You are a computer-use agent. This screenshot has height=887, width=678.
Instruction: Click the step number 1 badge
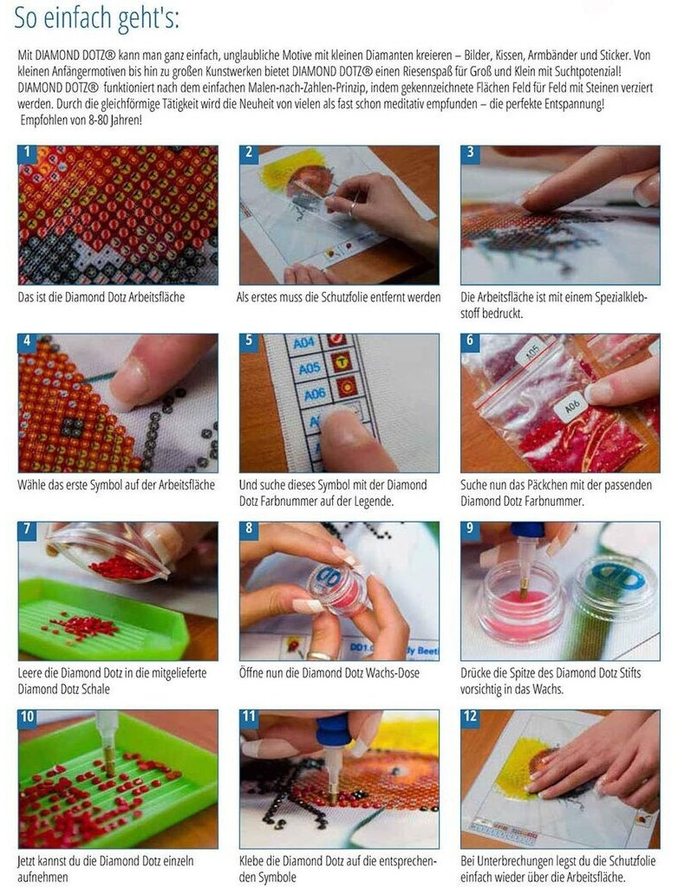27,153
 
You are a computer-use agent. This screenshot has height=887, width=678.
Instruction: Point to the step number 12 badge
471,716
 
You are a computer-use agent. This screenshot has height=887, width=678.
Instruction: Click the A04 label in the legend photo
303,343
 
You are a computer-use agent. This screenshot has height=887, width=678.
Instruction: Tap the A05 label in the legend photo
310,369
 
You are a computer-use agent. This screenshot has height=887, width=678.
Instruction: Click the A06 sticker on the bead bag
573,406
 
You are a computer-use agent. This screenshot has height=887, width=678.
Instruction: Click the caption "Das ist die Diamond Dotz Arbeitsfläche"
101,297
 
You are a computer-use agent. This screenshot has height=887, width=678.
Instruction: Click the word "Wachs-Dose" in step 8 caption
392,673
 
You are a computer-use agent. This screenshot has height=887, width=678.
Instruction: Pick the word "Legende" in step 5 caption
374,502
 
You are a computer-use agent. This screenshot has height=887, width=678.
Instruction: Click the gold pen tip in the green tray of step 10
108,761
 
